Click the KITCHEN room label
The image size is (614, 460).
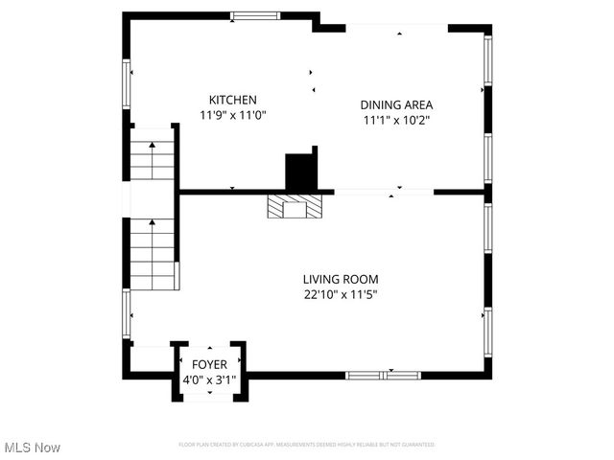233,100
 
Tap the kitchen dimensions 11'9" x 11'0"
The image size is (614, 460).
233,115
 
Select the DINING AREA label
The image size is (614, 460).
396,104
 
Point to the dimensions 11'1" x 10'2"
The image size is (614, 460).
396,120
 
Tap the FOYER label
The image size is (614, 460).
209,364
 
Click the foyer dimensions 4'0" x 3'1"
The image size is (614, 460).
209,379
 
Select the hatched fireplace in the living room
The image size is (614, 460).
288,206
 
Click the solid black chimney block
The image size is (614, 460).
301,171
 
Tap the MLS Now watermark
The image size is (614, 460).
33,448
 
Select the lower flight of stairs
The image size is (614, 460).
153,254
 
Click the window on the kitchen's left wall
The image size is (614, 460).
126,83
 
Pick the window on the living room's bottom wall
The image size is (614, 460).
383,375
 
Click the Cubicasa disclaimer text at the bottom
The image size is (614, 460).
307,445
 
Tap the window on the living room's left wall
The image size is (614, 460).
126,314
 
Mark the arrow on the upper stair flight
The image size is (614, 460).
152,145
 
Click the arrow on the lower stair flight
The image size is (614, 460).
152,224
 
